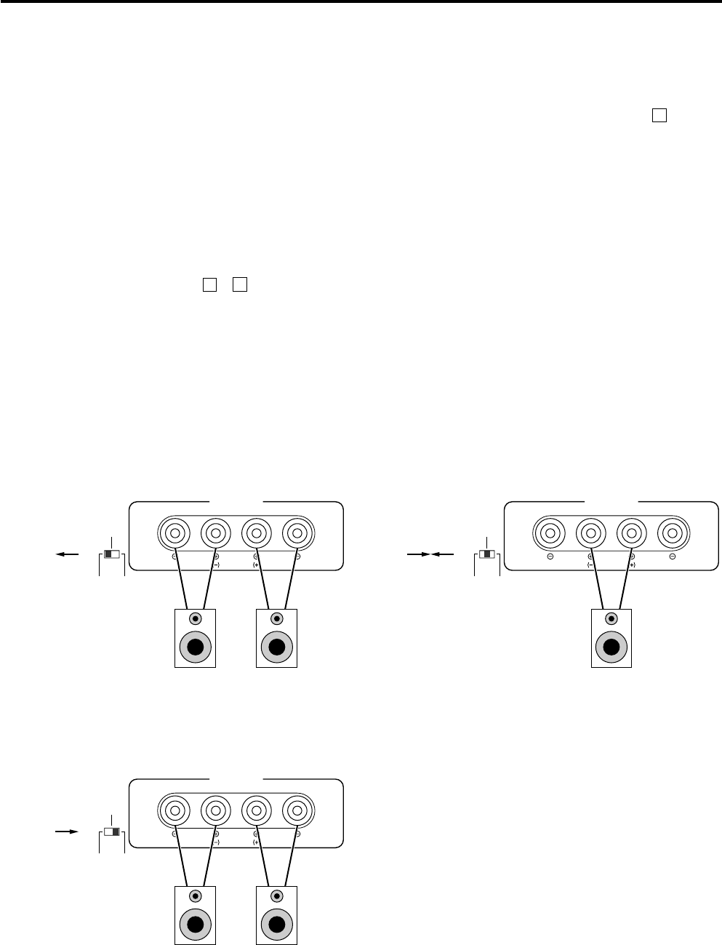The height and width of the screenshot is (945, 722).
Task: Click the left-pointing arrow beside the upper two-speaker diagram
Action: coord(68,554)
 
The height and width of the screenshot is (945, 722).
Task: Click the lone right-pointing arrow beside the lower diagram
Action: coord(68,831)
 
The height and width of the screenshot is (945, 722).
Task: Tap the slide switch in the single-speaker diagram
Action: coord(487,554)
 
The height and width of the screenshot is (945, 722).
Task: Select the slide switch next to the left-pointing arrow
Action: coord(112,554)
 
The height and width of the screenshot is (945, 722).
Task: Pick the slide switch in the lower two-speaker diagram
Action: coord(112,831)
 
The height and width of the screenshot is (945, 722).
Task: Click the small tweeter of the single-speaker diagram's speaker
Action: coord(611,618)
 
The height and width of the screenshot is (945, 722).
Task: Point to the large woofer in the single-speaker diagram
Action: coord(611,647)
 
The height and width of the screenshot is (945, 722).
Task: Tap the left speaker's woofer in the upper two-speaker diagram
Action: coord(196,647)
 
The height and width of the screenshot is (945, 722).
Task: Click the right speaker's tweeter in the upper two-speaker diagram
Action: coord(276,618)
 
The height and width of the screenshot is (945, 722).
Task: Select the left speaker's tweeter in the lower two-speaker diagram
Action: coord(196,896)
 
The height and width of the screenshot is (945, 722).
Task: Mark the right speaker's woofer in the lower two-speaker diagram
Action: coord(276,925)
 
